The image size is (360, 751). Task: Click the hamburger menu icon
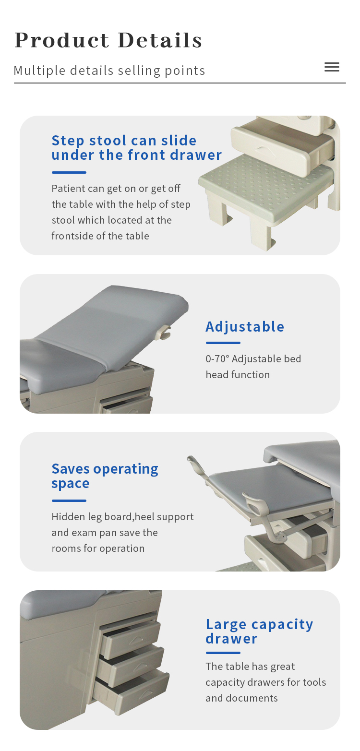click(x=332, y=67)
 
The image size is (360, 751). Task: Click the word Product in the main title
click(x=62, y=40)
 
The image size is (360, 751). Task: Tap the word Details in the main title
click(x=160, y=40)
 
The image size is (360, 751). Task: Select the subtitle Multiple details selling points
click(x=109, y=71)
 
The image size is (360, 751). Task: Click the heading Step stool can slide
click(x=124, y=141)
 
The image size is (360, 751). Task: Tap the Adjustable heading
click(x=245, y=326)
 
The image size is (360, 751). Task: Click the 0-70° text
click(x=217, y=359)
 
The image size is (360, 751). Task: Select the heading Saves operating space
click(x=105, y=476)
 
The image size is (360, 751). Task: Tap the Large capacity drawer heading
click(x=259, y=632)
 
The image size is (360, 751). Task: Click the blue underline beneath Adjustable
click(x=223, y=343)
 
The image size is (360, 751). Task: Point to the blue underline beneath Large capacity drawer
click(x=223, y=653)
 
